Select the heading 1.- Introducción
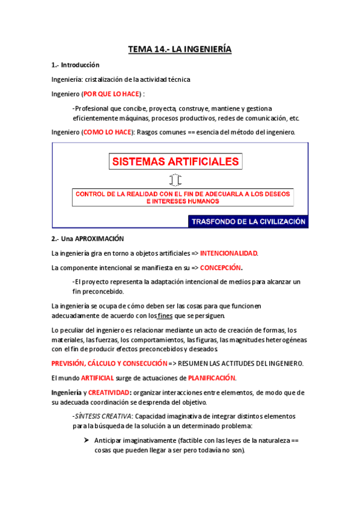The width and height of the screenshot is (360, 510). [75, 64]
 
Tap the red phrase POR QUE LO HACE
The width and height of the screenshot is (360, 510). [111, 94]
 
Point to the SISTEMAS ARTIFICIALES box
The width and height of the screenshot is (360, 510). [175, 161]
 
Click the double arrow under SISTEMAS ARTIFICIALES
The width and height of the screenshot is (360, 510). [175, 180]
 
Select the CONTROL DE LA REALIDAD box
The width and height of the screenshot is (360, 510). [183, 198]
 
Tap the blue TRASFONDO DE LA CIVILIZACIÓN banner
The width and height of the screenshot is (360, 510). [248, 221]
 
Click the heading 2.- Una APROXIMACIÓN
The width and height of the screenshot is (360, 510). [83, 239]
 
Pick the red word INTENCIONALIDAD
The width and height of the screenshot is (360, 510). [228, 253]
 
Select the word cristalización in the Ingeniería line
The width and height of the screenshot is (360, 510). [105, 79]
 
